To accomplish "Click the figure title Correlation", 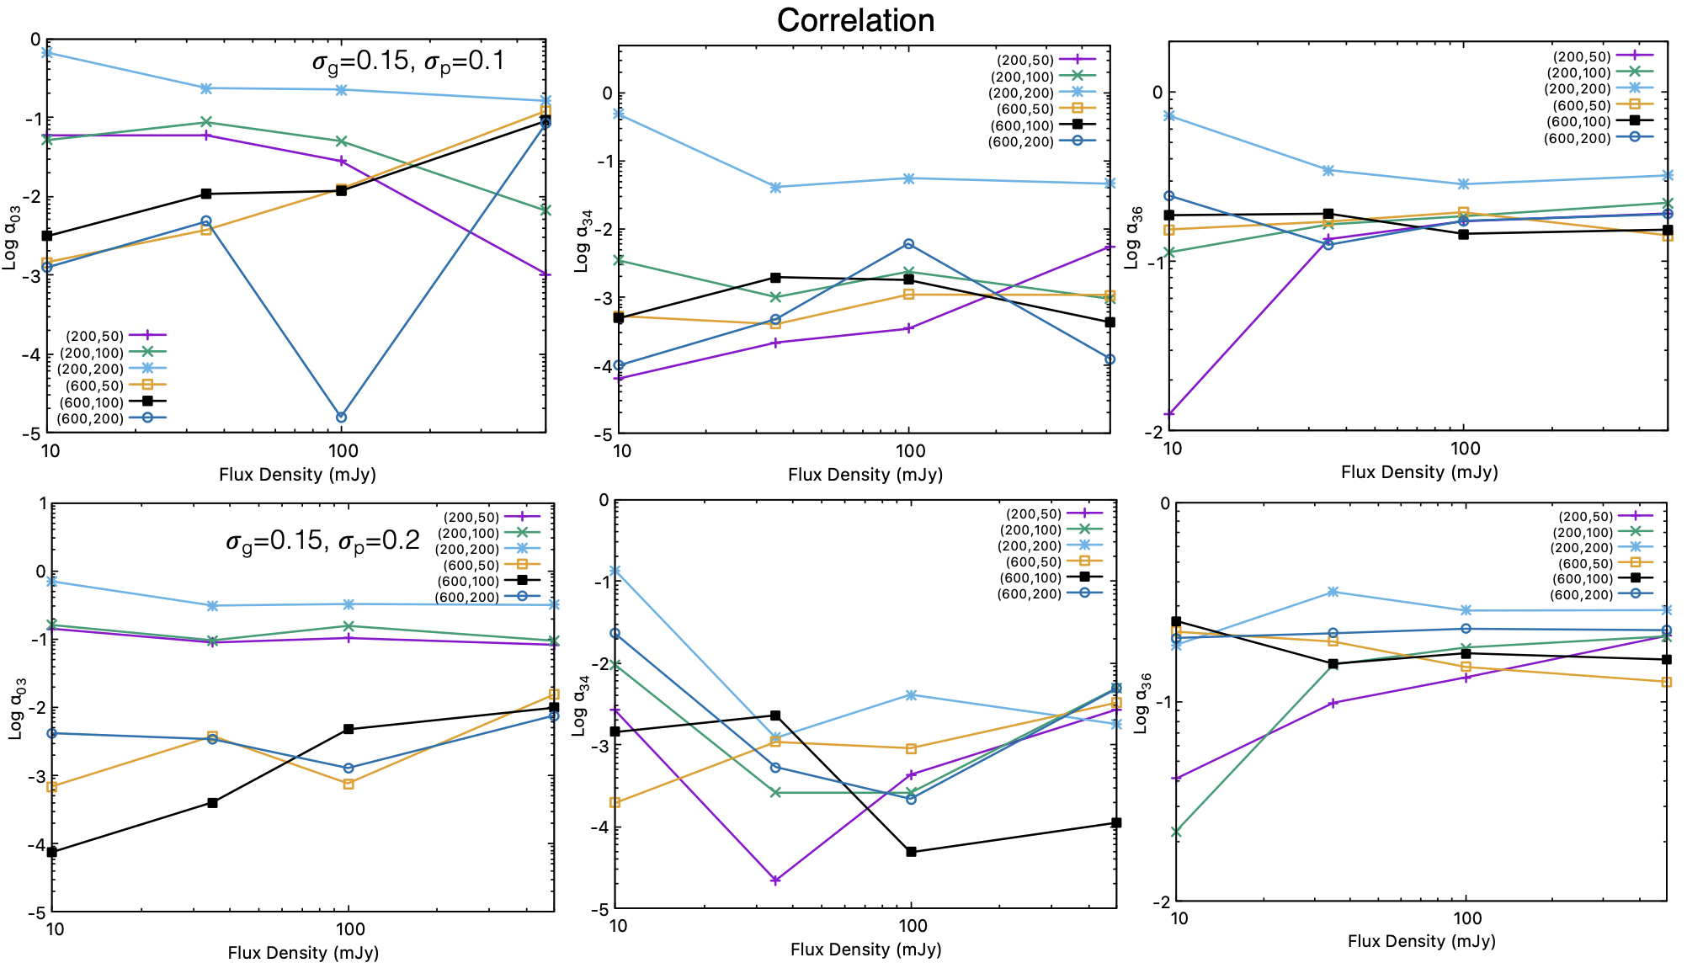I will tap(855, 20).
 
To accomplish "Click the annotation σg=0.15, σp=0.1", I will tap(408, 61).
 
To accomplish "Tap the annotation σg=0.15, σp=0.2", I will tap(322, 540).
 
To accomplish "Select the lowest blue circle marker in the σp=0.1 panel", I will tap(341, 418).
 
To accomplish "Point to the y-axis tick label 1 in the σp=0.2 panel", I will tap(43, 503).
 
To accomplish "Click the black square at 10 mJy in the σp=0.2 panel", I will tap(52, 852).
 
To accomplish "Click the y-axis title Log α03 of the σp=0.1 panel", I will tap(11, 238).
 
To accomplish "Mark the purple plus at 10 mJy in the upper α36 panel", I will tap(1169, 414).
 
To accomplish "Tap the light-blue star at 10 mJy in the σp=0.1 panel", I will tap(48, 52).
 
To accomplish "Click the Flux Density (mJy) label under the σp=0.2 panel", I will tap(303, 953).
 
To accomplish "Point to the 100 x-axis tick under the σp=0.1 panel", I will tap(342, 451).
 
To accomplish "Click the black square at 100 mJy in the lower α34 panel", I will tap(911, 852).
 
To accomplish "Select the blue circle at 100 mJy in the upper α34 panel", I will tap(908, 244).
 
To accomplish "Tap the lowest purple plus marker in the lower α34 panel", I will tap(775, 880).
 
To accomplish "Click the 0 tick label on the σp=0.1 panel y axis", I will tap(35, 40).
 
